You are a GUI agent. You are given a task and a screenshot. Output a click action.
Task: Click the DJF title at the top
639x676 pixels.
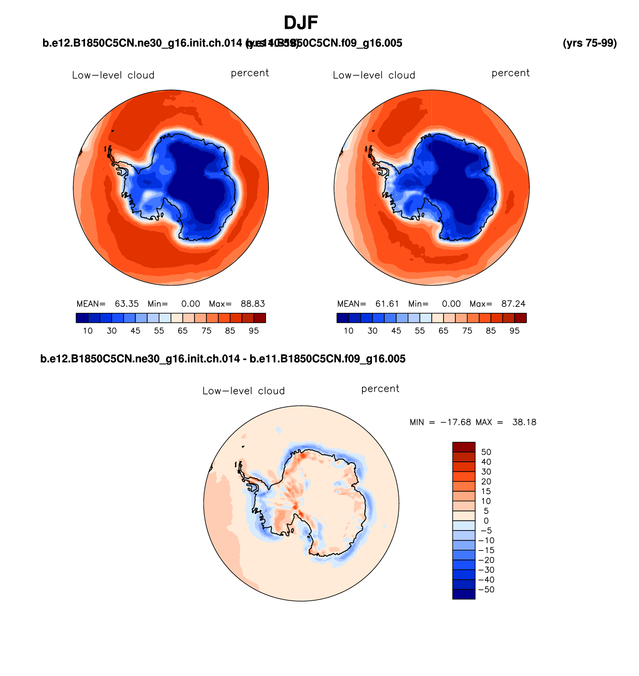click(300, 23)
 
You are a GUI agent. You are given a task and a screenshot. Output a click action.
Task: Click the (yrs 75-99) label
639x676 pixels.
click(589, 43)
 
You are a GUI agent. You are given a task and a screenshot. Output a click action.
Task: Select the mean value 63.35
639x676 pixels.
click(127, 304)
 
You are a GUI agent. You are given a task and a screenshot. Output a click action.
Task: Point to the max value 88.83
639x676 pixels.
click(253, 304)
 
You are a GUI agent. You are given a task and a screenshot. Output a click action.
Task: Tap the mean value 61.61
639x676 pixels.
click(387, 304)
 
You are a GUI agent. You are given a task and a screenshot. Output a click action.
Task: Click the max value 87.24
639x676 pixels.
click(513, 304)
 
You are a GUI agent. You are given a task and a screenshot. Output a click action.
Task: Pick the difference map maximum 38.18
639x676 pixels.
click(524, 422)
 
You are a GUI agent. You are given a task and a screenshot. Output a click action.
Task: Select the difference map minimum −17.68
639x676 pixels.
click(455, 422)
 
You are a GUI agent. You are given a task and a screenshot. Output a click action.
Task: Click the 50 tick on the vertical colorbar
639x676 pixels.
click(486, 452)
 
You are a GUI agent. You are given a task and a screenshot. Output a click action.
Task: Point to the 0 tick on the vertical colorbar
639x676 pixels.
click(486, 521)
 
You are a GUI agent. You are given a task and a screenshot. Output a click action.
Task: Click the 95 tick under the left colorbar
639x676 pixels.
click(254, 331)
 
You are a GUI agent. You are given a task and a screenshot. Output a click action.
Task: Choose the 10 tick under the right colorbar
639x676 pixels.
click(349, 331)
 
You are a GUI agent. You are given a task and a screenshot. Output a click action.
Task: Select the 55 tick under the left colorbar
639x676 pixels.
click(159, 331)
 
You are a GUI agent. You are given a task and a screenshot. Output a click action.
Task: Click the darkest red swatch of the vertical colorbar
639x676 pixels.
click(464, 447)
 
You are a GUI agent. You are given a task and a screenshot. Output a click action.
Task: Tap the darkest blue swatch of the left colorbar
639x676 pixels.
click(82, 318)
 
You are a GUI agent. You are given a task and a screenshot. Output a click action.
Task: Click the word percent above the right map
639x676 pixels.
click(511, 73)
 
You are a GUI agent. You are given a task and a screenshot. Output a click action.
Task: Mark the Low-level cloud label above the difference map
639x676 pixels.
click(244, 391)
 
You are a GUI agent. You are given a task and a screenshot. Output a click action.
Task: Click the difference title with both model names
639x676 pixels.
click(223, 359)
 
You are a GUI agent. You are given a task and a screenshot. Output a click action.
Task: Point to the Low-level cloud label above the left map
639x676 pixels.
click(113, 75)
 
